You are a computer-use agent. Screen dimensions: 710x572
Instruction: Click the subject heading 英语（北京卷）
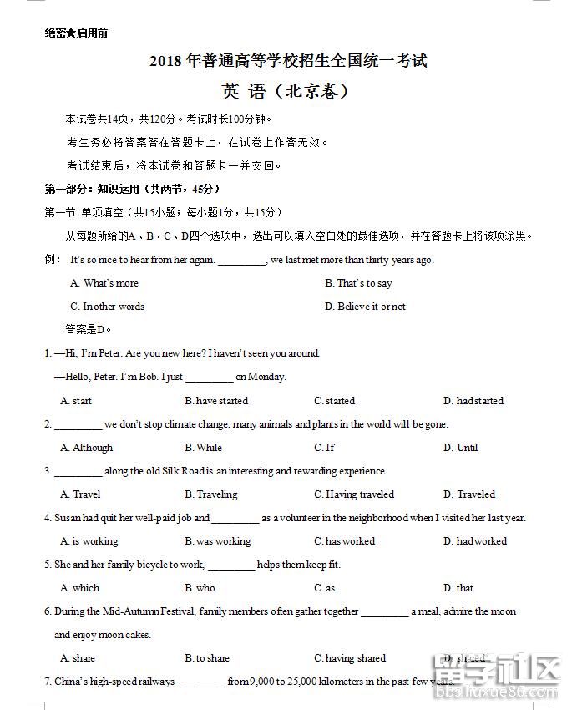click(x=286, y=91)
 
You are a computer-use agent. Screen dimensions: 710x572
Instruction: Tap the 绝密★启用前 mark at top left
click(x=76, y=33)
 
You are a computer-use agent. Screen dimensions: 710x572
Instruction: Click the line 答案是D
click(x=89, y=329)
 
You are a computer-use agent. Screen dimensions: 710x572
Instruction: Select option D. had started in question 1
click(x=473, y=401)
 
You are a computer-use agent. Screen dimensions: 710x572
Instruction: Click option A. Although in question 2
click(x=86, y=448)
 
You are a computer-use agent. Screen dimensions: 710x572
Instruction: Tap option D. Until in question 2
click(x=460, y=448)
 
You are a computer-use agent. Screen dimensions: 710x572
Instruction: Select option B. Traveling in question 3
click(x=211, y=494)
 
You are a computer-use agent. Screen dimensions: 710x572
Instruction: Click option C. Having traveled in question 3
click(x=354, y=494)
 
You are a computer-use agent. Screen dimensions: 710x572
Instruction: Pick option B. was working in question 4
click(x=218, y=541)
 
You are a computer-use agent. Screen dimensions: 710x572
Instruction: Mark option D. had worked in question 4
click(x=475, y=541)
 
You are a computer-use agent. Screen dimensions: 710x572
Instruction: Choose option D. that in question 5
click(x=458, y=588)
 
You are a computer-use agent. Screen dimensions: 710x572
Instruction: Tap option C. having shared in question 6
click(x=350, y=658)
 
